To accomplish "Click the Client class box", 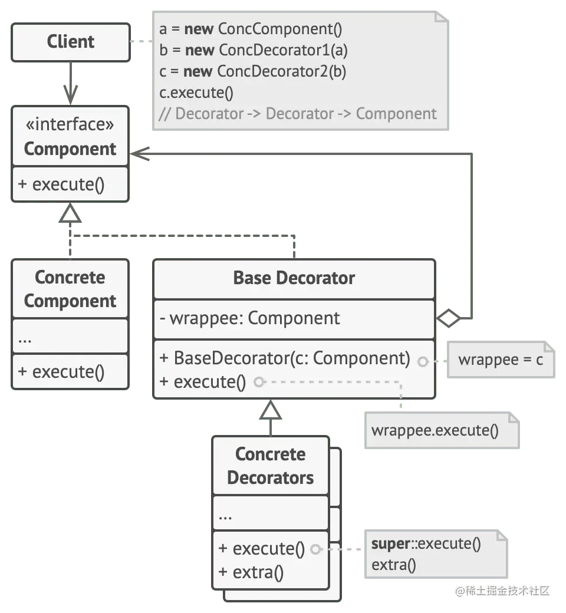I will pos(71,42).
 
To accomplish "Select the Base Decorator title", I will pos(294,278).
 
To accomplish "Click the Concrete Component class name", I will pos(70,289).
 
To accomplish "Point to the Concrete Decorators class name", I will pos(270,466).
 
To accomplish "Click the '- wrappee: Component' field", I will pos(249,318).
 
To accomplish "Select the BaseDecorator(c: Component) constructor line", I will pos(284,358).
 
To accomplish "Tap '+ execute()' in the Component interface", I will pos(61,184).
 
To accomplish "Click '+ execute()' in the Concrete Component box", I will pos(61,372).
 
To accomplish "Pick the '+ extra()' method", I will pos(251,572).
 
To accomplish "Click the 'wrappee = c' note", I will pos(500,359).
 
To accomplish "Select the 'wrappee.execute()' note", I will pos(435,430).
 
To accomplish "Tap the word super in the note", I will pos(390,543).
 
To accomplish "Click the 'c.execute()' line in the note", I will pos(196,93).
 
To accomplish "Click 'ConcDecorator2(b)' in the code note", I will pos(281,71).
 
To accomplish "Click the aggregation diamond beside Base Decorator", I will pos(449,319).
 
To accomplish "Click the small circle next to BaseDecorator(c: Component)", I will pos(423,361).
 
